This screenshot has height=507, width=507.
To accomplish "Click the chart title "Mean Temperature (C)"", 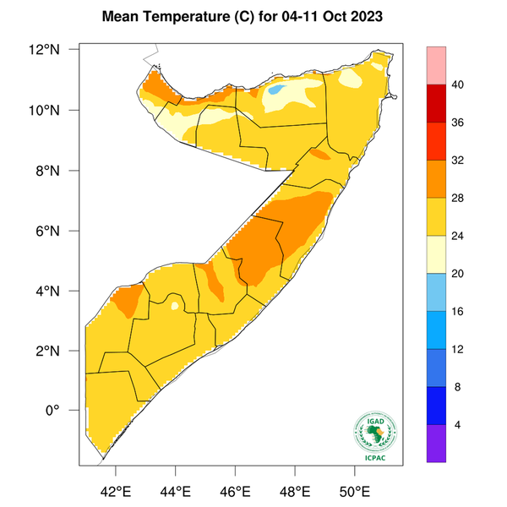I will pyautogui.click(x=177, y=16).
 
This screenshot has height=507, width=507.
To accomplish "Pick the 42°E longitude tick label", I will pyautogui.click(x=115, y=491).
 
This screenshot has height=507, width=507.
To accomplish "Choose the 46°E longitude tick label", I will pyautogui.click(x=234, y=491).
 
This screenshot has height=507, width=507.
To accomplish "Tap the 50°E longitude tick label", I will pyautogui.click(x=353, y=491).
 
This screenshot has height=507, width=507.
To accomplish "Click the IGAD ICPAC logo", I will pyautogui.click(x=373, y=435).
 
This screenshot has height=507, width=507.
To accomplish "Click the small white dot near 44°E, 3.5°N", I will pyautogui.click(x=175, y=306).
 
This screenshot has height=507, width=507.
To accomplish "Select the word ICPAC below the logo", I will pyautogui.click(x=373, y=458).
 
